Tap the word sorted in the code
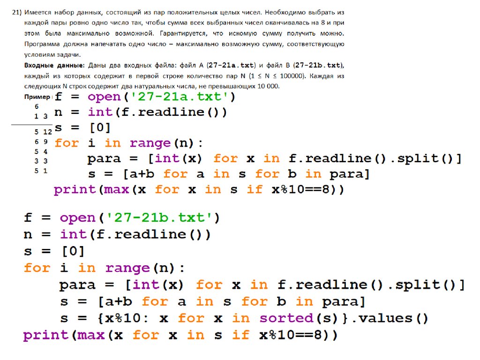pyautogui.click(x=285, y=318)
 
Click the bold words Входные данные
pyautogui.click(x=54, y=65)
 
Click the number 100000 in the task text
pyautogui.click(x=292, y=76)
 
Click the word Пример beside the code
pyautogui.click(x=37, y=97)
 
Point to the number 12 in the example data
pyautogui.click(x=47, y=132)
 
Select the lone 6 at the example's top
pyautogui.click(x=37, y=106)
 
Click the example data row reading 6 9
pyautogui.click(x=41, y=142)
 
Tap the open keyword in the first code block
pyautogui.click(x=104, y=97)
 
